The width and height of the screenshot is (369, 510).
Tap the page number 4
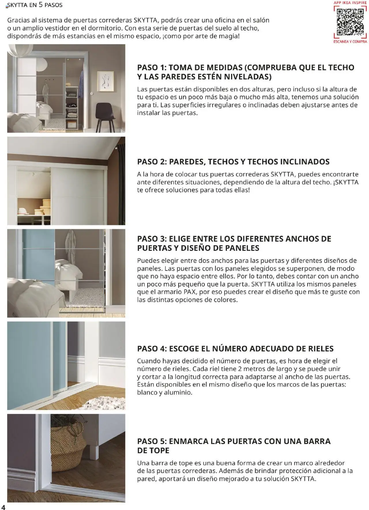[x=3, y=507]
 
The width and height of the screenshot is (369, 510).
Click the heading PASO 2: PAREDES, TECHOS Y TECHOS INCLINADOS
[x=233, y=162]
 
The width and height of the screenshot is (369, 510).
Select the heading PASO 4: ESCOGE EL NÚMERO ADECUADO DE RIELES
[x=235, y=349]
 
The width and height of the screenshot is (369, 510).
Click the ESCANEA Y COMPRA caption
[x=350, y=42]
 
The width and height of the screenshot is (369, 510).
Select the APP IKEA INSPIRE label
[x=350, y=3]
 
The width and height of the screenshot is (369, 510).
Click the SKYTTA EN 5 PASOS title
[x=35, y=5]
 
